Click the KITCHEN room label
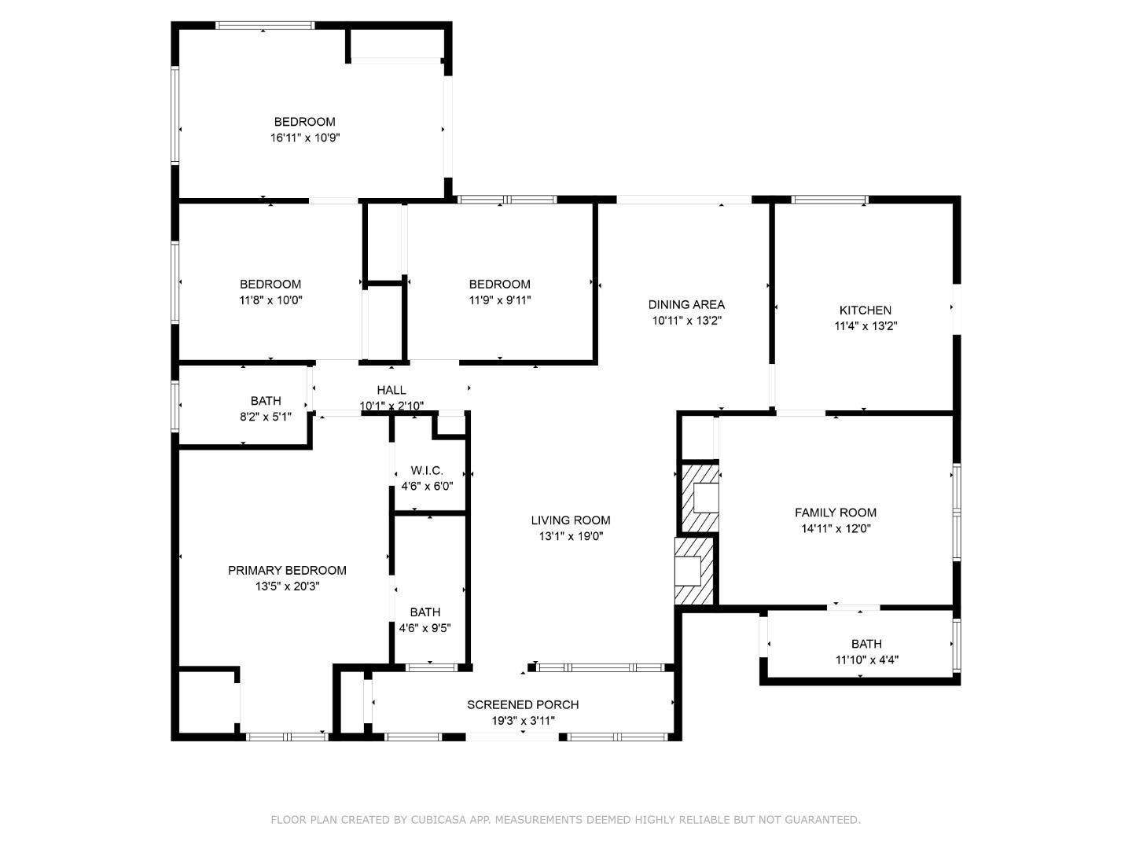coord(865,311)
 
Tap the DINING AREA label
coord(686,305)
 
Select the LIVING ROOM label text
coord(570,520)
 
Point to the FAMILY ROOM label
coord(835,513)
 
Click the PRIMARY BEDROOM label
coord(287,571)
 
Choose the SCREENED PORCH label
coord(523,705)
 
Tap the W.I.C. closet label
coord(427,471)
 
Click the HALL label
coord(391,390)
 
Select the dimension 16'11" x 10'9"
coord(305,138)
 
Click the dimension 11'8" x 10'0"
coord(270,300)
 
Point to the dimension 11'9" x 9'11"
coord(500,300)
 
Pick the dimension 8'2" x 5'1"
coord(266,417)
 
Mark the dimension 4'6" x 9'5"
coord(424,628)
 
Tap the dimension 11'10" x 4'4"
coord(866,660)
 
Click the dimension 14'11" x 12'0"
coord(836,529)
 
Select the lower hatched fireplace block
coord(694,572)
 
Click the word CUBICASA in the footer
coord(436,820)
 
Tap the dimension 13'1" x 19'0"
coord(570,537)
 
